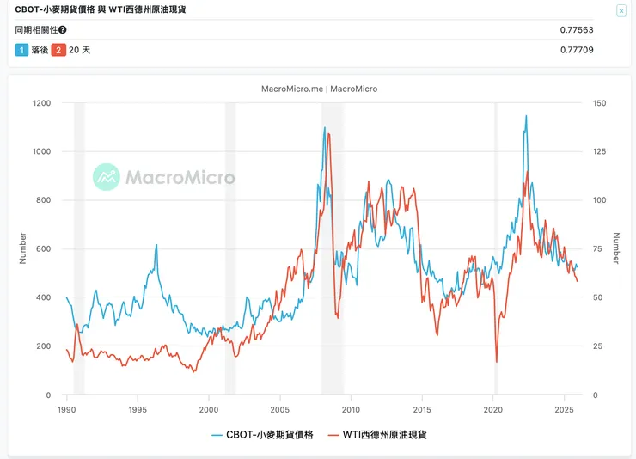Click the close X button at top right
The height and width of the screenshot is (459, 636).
click(621, 10)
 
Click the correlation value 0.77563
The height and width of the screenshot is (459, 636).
click(577, 30)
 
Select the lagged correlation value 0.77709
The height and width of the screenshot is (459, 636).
click(577, 50)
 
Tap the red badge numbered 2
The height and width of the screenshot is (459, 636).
click(58, 50)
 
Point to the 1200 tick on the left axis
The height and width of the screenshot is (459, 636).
click(41, 103)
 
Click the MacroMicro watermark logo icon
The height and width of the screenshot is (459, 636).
click(107, 177)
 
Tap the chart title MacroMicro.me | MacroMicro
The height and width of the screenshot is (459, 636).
click(319, 89)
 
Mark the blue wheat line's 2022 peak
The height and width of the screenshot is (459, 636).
click(526, 116)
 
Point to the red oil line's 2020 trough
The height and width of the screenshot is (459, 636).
click(497, 362)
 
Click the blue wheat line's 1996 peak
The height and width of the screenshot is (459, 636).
click(156, 245)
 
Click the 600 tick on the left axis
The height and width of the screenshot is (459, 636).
click(44, 249)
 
